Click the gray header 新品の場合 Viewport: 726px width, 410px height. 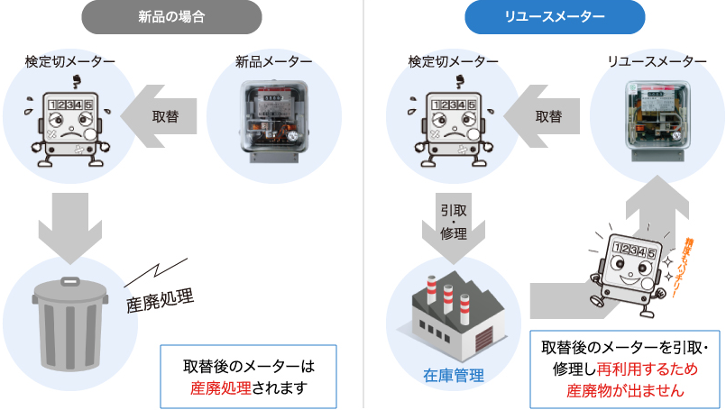click(170, 16)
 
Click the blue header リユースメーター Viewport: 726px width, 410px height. click(555, 16)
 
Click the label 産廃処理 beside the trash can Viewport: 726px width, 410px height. click(161, 298)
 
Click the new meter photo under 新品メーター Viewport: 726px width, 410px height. click(273, 116)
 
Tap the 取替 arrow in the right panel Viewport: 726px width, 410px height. click(546, 117)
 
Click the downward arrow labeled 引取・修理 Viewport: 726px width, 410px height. click(454, 225)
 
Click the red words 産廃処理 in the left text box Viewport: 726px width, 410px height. click(216, 388)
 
